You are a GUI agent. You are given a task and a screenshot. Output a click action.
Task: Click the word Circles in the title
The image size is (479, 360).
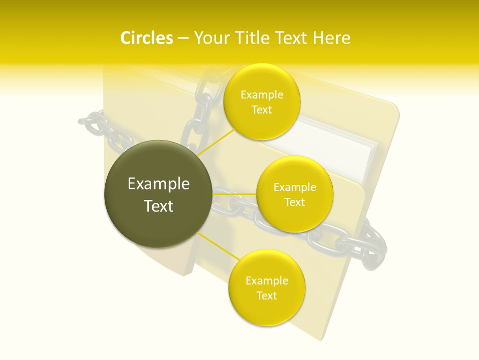(x=146, y=38)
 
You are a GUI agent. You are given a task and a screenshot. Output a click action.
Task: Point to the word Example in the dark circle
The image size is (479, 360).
(x=159, y=184)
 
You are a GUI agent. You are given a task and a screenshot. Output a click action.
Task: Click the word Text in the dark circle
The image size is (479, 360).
(x=159, y=206)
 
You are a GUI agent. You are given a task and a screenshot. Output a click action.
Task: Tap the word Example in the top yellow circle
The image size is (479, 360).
(x=261, y=95)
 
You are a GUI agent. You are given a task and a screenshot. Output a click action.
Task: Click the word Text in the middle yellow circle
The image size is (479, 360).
(x=294, y=202)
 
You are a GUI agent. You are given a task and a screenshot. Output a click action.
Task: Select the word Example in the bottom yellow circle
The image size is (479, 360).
(x=266, y=281)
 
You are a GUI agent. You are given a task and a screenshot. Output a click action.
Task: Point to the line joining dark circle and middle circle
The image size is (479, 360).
(x=235, y=194)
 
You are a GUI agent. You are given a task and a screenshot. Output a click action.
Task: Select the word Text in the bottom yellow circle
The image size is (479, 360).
(x=266, y=296)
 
